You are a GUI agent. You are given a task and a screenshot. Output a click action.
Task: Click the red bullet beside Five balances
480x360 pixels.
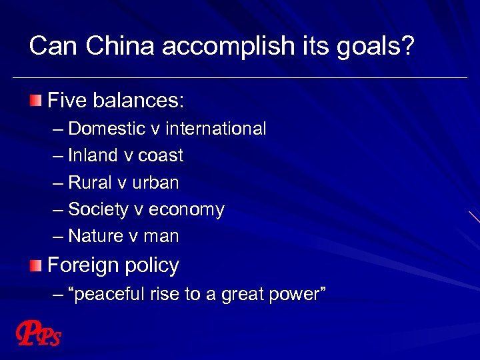tap(35, 101)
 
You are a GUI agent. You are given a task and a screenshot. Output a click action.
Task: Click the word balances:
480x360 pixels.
tap(139, 101)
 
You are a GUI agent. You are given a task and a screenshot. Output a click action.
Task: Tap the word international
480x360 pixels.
tap(216, 129)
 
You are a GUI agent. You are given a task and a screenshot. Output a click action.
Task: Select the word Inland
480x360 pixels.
tap(93, 155)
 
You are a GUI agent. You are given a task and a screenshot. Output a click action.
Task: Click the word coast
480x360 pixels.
tap(161, 155)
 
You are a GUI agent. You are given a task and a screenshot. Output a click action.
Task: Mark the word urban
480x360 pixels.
tap(157, 183)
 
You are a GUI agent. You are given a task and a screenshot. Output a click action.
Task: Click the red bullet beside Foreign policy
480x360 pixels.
tap(35, 265)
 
